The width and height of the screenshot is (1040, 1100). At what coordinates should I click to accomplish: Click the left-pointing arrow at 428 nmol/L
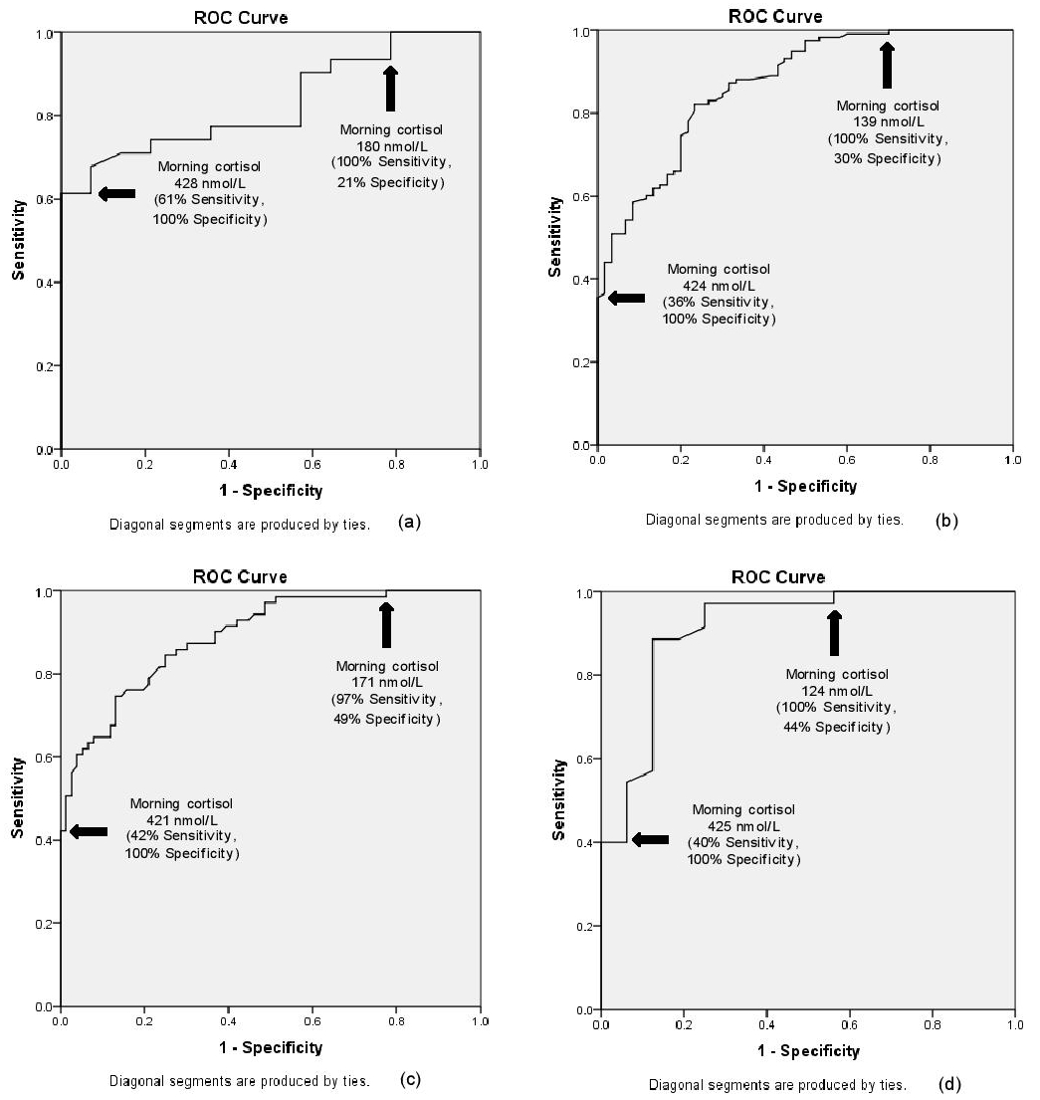coord(117,193)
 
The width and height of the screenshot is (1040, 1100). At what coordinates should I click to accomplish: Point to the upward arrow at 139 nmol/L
coord(887,66)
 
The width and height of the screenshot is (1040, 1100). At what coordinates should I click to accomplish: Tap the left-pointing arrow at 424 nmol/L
coord(626,298)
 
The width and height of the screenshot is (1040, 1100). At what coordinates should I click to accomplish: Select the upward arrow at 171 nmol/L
coord(386,625)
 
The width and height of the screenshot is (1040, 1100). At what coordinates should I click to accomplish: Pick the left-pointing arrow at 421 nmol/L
coord(89,831)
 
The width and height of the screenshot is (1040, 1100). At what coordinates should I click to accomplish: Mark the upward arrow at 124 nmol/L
coord(834,633)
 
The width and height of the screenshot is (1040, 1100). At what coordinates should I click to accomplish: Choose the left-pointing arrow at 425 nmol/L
coord(651,839)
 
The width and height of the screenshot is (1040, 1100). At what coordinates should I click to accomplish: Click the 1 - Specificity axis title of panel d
coord(806,1051)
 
